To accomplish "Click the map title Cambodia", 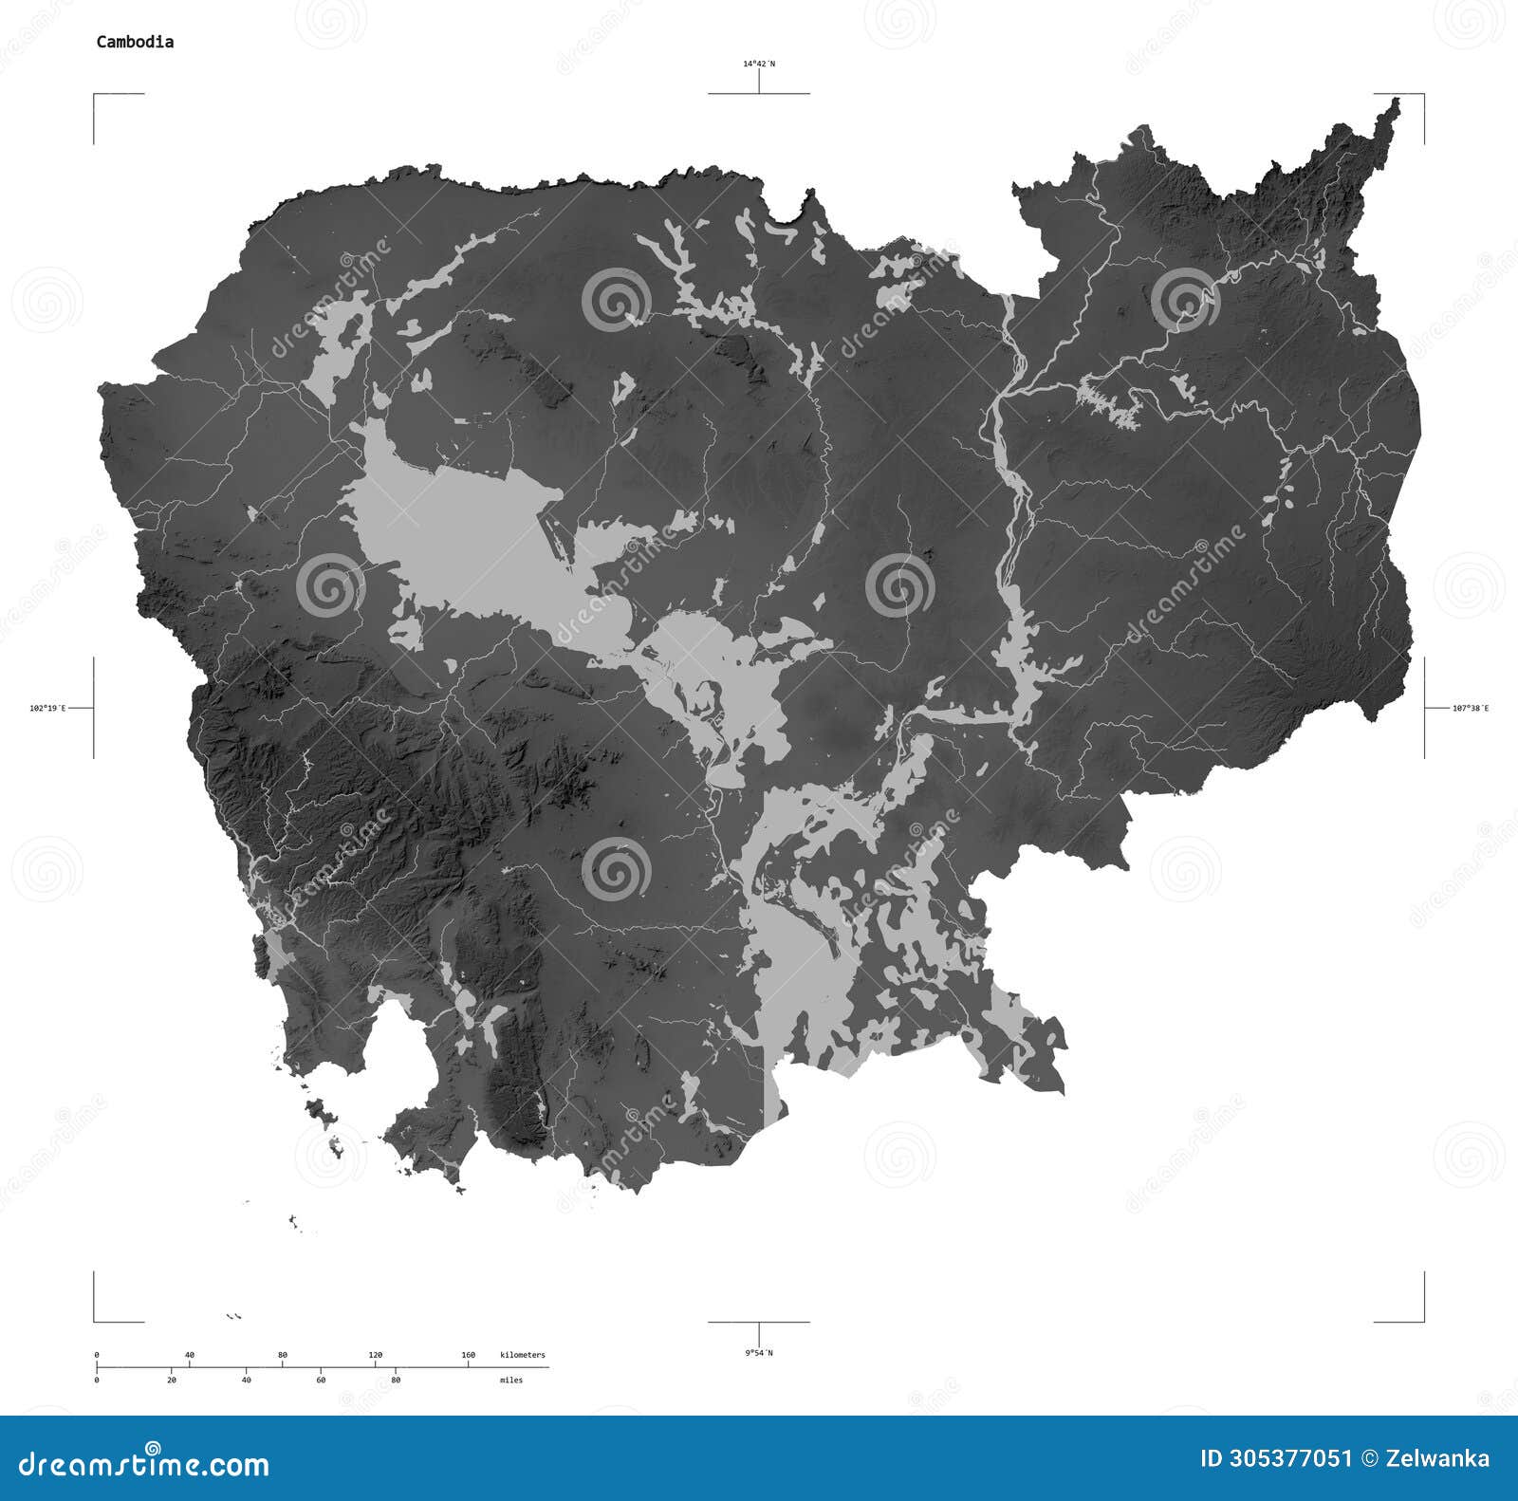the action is click(x=134, y=42).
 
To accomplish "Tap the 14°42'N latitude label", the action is click(x=758, y=64).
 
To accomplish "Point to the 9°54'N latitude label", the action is click(x=758, y=1352).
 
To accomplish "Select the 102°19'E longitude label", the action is click(x=47, y=708).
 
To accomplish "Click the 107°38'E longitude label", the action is click(x=1471, y=708).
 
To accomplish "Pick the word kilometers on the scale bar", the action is click(x=523, y=1355).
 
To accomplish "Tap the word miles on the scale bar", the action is click(x=511, y=1380).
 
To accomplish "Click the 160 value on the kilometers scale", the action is click(x=468, y=1355).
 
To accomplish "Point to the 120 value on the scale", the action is click(x=375, y=1355).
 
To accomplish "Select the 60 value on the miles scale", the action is click(x=321, y=1380).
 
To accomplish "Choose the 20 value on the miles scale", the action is click(x=171, y=1380).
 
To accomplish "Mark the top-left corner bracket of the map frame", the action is click(x=95, y=96).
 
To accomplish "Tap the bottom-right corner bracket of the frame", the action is click(x=1422, y=1320).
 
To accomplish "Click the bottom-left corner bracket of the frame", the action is click(x=95, y=1320).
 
